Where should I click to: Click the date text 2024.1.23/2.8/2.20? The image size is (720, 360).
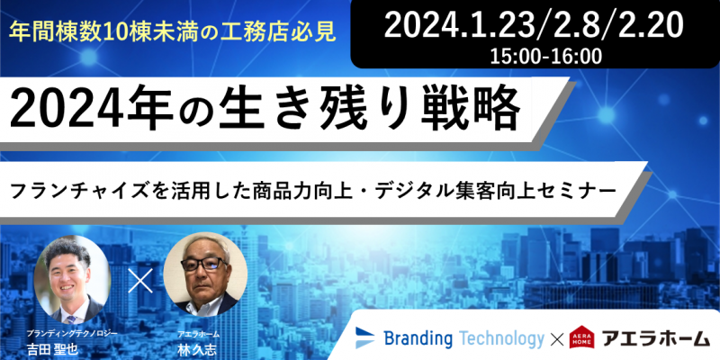[x=533, y=24]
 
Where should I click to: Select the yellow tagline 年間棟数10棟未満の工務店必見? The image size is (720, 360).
[x=173, y=32]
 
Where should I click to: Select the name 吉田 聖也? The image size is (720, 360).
[x=52, y=350]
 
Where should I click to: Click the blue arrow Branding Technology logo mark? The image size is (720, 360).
[x=365, y=338]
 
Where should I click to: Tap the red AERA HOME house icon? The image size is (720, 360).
[x=581, y=337]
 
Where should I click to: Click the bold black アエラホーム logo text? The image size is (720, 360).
[x=656, y=339]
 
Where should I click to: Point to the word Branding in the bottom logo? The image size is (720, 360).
[x=418, y=339]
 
